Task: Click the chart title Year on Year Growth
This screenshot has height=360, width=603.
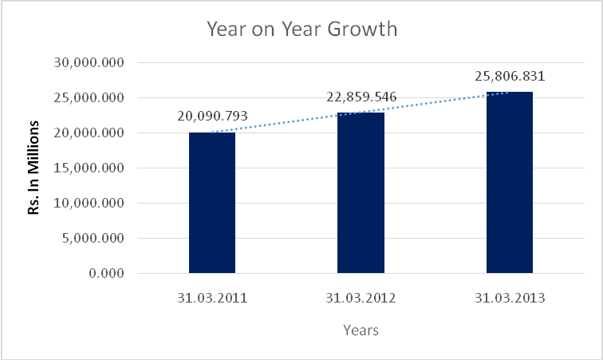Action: tap(301, 30)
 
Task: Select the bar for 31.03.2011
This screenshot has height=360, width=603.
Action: tap(212, 203)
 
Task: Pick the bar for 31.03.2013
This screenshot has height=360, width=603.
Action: tap(509, 183)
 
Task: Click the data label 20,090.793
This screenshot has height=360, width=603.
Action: tap(212, 116)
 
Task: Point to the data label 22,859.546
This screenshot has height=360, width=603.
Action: tap(361, 97)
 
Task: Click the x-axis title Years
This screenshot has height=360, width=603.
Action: tap(361, 329)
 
